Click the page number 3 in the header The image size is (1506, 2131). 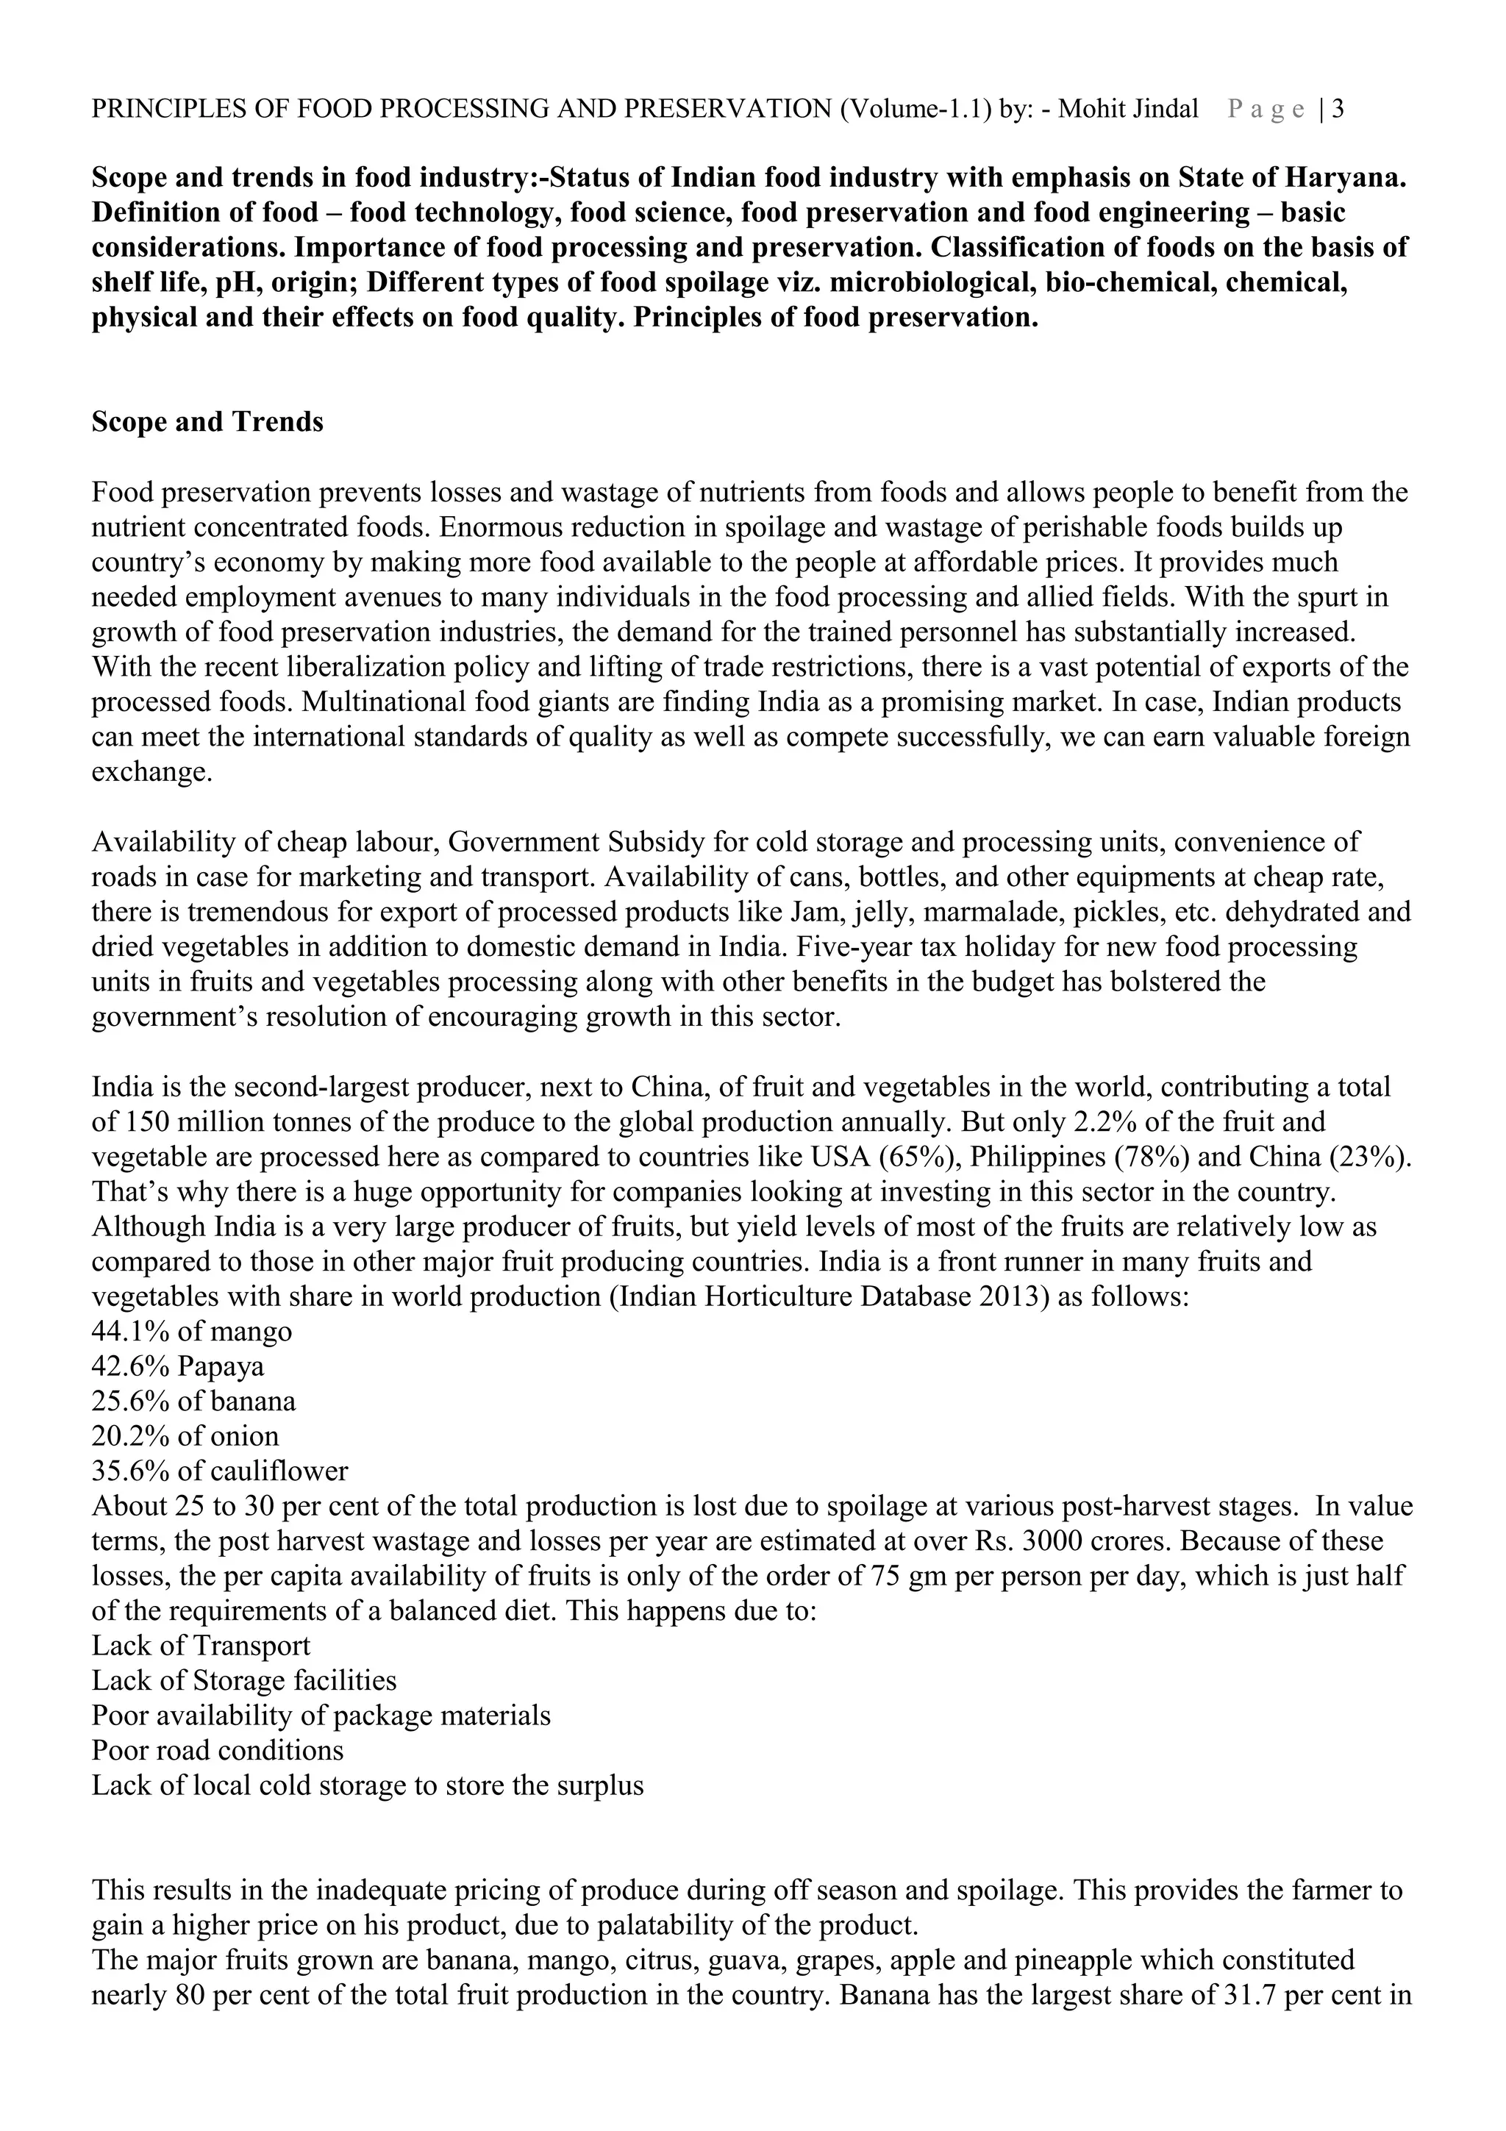[1338, 110]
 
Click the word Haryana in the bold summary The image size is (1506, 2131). [1352, 177]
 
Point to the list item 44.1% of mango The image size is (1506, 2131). [192, 1332]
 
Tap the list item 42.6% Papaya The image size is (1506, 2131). [178, 1366]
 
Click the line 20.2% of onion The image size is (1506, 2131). [185, 1437]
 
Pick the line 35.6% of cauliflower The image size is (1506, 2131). [220, 1471]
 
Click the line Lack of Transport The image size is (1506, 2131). [201, 1646]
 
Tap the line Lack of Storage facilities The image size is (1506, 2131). [244, 1681]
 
